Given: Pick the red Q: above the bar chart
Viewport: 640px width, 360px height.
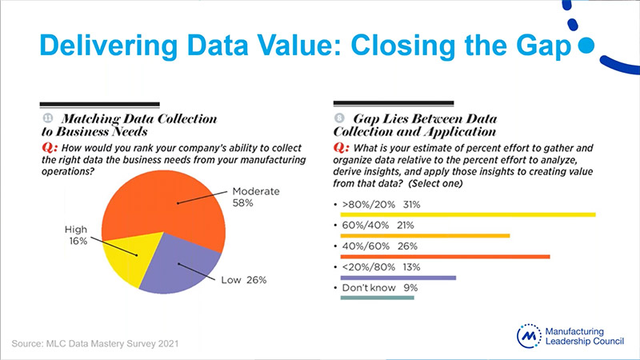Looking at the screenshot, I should pos(339,147).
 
